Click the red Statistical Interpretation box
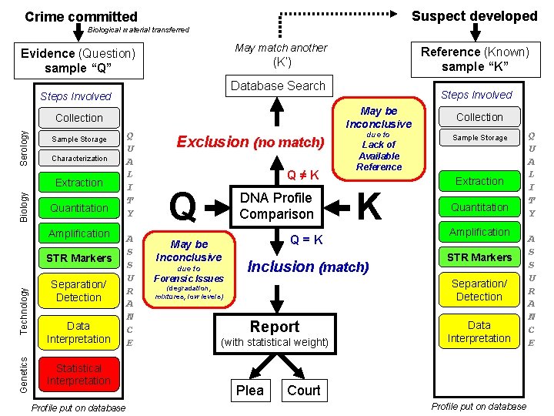coord(78,374)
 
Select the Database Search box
coord(278,86)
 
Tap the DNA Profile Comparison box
coord(276,206)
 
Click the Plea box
coord(249,391)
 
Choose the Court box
coord(303,391)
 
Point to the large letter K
coord(370,206)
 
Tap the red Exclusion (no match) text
coord(250,142)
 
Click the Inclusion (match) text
coord(308,267)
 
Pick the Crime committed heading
coord(81,16)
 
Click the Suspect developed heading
coord(474,15)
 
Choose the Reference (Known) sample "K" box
coord(475,59)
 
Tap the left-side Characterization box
coord(79,158)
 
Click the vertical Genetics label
coord(24,375)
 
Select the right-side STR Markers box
coord(479,257)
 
